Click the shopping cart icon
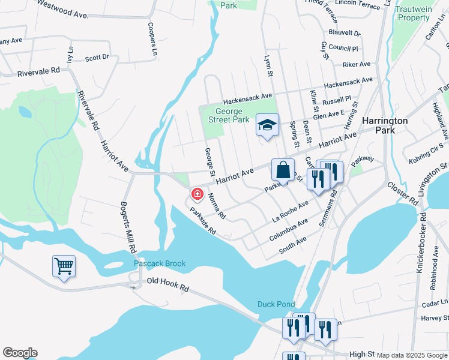click(x=64, y=265)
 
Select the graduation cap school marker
click(x=267, y=125)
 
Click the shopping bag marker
click(x=283, y=169)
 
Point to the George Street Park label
click(x=228, y=115)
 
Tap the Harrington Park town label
click(x=385, y=125)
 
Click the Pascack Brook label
click(x=160, y=263)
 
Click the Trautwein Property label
click(x=414, y=13)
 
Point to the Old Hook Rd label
click(x=167, y=284)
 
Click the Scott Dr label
click(x=97, y=58)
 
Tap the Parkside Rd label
click(x=202, y=221)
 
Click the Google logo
click(x=20, y=353)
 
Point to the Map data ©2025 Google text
click(x=412, y=355)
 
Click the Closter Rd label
click(x=402, y=193)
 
